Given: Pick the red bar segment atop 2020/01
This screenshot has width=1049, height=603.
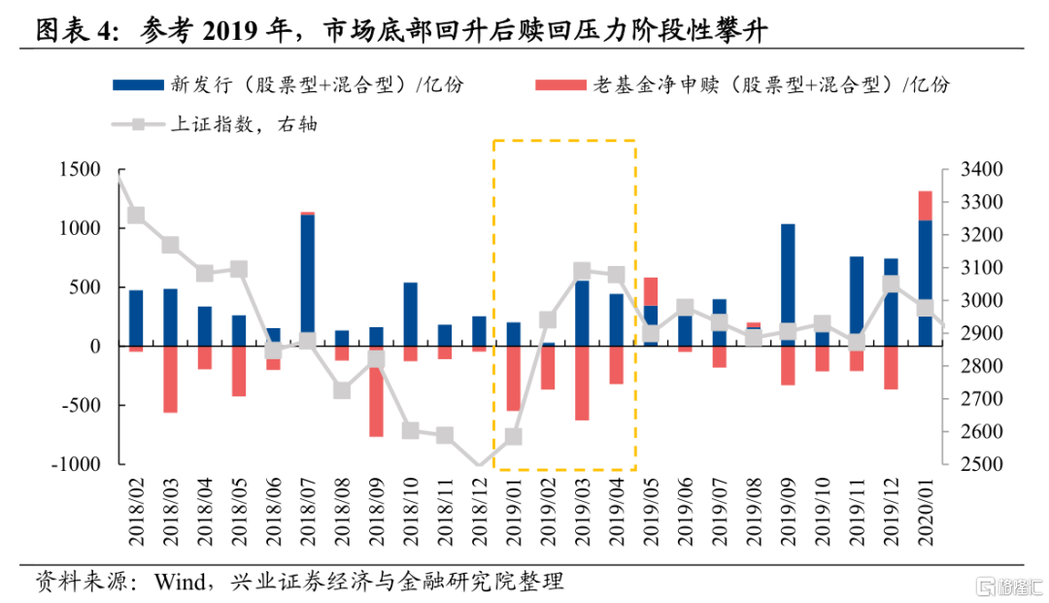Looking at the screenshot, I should [x=925, y=206].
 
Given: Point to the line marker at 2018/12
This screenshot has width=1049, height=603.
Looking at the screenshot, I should [x=479, y=465].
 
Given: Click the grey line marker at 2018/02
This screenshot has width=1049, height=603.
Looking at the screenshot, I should [x=137, y=216].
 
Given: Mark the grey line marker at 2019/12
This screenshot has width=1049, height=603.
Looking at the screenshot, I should [x=891, y=285].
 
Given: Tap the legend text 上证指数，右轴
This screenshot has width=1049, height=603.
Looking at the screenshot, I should [x=244, y=124].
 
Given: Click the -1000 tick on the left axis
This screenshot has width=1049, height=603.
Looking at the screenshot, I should [x=78, y=464].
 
